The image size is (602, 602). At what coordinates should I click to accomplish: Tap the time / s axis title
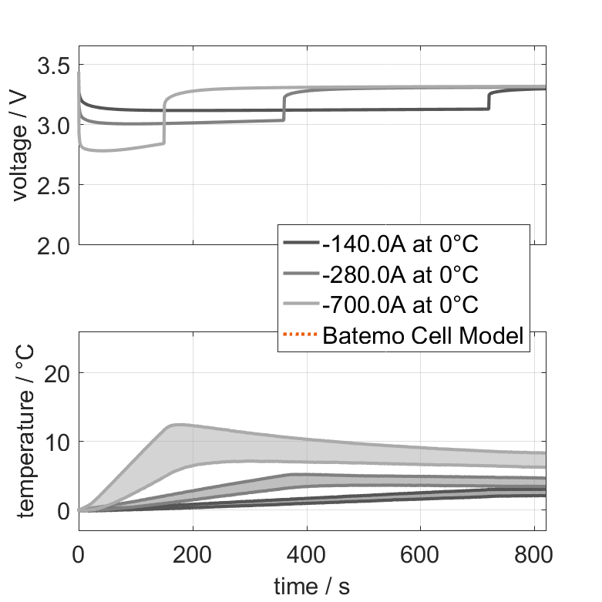(311, 587)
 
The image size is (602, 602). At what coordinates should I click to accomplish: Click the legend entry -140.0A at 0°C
(401, 244)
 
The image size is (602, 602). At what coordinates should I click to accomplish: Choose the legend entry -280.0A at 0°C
(401, 274)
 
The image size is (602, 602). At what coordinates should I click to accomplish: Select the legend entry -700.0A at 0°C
(401, 304)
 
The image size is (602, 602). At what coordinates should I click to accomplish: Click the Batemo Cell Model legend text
(424, 335)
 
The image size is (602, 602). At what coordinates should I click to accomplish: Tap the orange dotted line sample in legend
(301, 335)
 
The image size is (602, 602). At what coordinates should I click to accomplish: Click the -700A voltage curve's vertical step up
(163, 119)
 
